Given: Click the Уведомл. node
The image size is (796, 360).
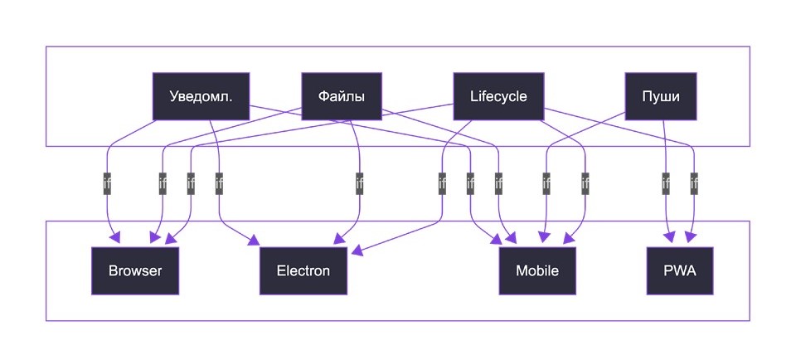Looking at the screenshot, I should click(x=201, y=96).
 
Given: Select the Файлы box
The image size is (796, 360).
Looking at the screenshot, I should click(x=342, y=96).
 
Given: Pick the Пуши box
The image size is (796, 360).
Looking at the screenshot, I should click(x=661, y=96).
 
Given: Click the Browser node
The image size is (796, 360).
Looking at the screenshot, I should click(x=135, y=270).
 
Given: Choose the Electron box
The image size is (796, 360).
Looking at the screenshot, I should click(x=303, y=270).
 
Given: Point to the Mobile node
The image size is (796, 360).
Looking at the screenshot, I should click(x=537, y=270).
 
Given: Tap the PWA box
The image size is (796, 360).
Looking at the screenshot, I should click(x=679, y=270).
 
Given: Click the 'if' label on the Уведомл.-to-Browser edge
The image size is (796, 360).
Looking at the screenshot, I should click(x=107, y=183).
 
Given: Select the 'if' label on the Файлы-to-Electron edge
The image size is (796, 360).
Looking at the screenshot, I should click(x=359, y=183).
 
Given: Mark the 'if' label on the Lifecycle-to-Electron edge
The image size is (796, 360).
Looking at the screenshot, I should click(x=443, y=183).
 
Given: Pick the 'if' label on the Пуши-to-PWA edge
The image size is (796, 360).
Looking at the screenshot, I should click(x=666, y=183).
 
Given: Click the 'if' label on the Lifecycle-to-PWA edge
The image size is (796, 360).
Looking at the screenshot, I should click(x=694, y=183).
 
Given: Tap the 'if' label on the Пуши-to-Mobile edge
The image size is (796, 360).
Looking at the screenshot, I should click(x=546, y=183).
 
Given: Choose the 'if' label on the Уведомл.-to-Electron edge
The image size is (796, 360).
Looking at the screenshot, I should click(x=219, y=183).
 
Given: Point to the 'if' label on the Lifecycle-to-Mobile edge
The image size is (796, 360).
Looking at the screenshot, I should click(x=585, y=183).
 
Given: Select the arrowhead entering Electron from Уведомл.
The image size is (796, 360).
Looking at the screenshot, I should click(x=255, y=241).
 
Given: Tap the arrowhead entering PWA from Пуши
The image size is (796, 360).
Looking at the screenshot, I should click(x=668, y=240).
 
